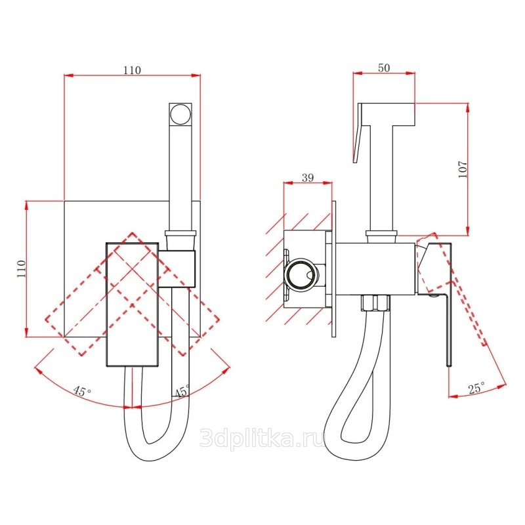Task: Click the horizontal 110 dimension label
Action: click(x=133, y=70)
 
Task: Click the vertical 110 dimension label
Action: click(x=21, y=268)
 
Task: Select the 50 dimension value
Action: click(x=384, y=68)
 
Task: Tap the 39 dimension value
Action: click(x=308, y=177)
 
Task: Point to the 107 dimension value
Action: click(x=462, y=169)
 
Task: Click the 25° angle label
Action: click(x=477, y=388)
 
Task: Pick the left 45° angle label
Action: click(x=82, y=390)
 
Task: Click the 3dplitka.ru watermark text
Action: click(x=262, y=437)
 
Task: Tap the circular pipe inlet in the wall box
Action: click(x=300, y=272)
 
